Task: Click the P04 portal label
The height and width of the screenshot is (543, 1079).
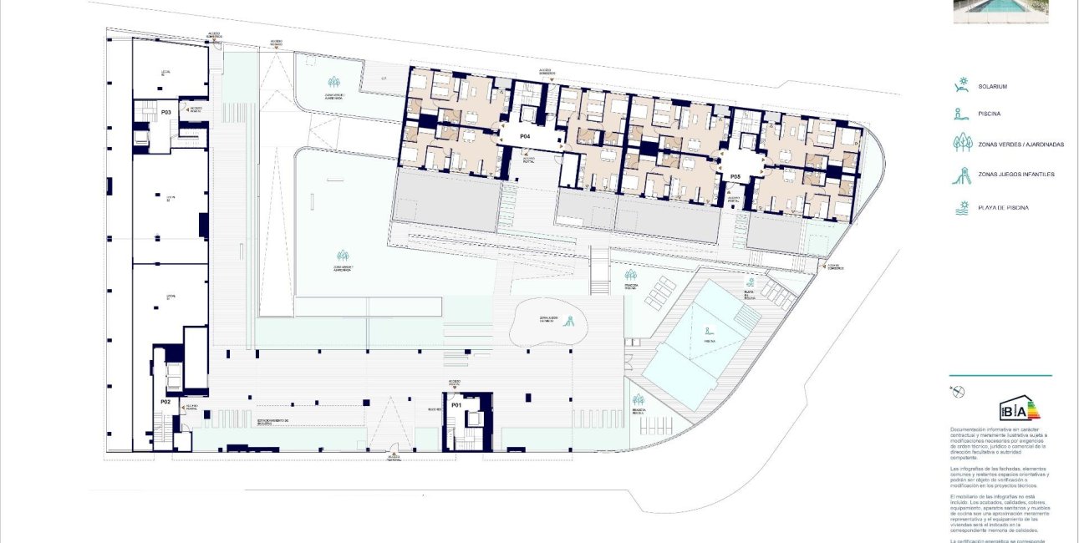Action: click(x=525, y=135)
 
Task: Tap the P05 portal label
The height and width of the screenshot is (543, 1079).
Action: click(x=735, y=176)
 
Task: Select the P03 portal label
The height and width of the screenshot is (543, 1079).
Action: click(x=165, y=111)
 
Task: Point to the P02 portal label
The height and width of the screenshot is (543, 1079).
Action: click(x=165, y=402)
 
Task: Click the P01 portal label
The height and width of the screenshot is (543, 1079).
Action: click(x=456, y=405)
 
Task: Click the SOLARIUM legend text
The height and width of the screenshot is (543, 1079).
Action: click(x=995, y=87)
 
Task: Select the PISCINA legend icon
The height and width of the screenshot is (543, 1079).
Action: click(x=963, y=114)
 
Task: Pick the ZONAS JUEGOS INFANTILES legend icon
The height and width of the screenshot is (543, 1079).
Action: click(x=964, y=175)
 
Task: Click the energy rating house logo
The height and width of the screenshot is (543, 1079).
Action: click(x=1020, y=407)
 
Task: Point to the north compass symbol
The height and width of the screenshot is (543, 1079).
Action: click(x=956, y=391)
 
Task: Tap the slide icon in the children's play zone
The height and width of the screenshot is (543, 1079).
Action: click(x=572, y=320)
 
